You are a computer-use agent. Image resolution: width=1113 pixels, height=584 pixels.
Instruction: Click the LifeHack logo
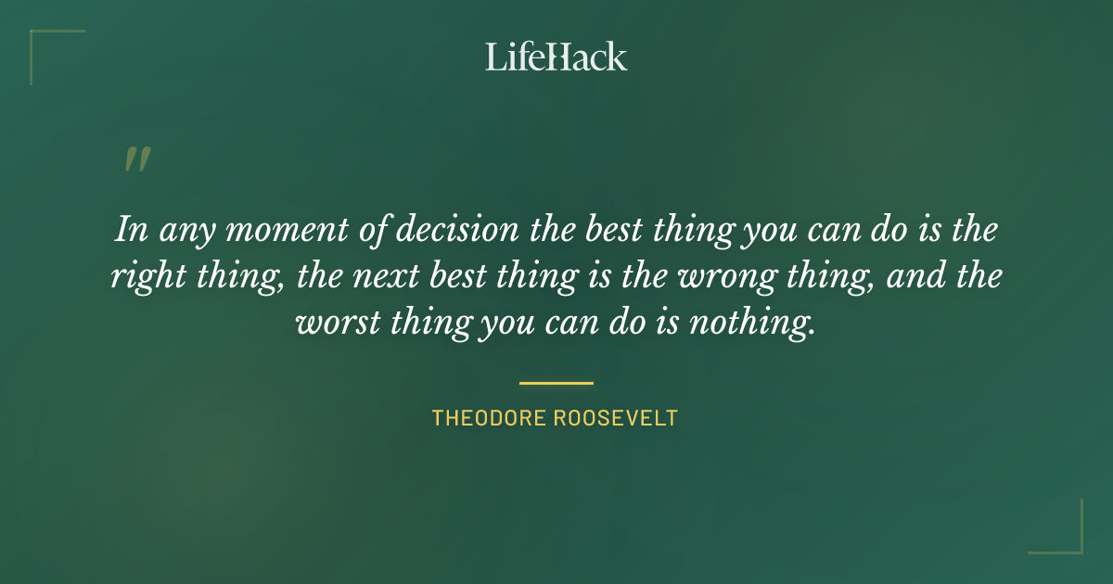(x=556, y=57)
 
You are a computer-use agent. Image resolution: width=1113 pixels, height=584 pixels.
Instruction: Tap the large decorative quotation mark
(x=136, y=160)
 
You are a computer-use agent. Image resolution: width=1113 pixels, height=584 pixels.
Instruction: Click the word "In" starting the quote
(x=130, y=229)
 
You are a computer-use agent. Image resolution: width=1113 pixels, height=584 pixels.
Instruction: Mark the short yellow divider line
(x=556, y=382)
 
